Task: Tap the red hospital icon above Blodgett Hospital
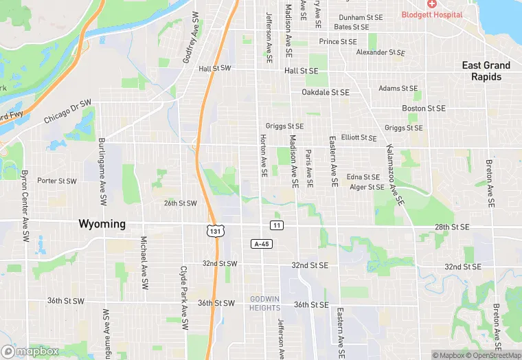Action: [431, 4]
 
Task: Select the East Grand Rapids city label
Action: [486, 71]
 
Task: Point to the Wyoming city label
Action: [102, 224]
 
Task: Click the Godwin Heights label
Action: [265, 304]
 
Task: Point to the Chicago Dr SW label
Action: [68, 112]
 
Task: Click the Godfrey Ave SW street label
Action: [190, 38]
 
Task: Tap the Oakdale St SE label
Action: [326, 92]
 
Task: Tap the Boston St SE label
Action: [424, 109]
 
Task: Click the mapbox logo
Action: [30, 351]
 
